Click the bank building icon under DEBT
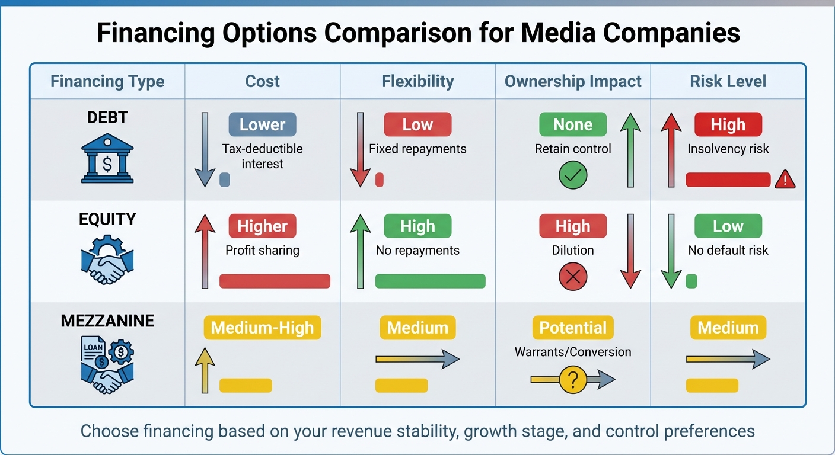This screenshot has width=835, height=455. point(107,157)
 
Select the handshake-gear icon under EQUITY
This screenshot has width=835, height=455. point(107,259)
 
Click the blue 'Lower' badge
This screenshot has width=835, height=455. point(262,124)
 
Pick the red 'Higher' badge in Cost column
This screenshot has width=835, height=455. point(262,226)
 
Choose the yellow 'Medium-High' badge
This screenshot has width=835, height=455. point(262,328)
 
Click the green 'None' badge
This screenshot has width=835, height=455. point(572,124)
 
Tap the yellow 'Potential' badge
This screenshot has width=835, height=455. point(572,328)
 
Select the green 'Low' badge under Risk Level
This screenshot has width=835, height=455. point(728,226)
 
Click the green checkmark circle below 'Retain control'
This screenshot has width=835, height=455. point(572,175)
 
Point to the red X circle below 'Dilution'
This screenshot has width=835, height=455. point(572,277)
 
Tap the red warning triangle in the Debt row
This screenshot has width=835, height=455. point(785,179)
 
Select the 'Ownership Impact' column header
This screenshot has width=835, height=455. point(573,81)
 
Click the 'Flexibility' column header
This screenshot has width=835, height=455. point(417,81)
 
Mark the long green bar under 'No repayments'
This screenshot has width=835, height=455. point(430,281)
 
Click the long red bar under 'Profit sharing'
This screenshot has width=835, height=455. point(275,281)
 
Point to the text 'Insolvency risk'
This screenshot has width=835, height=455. point(728,149)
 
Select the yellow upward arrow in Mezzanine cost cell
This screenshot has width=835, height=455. point(205,370)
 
